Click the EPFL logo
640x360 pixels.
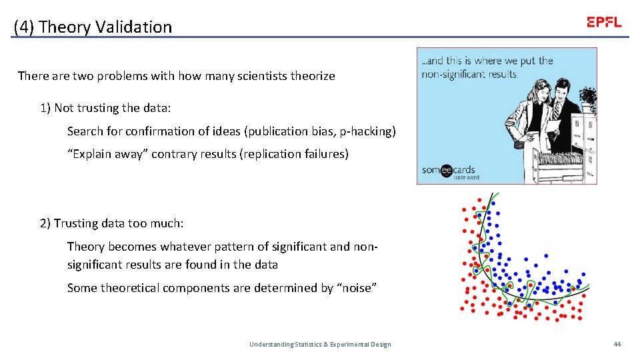point(604,21)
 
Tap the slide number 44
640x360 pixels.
point(617,344)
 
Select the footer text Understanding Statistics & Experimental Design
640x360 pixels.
point(320,344)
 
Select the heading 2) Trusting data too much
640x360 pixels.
point(111,223)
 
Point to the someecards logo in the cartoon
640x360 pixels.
point(448,171)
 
